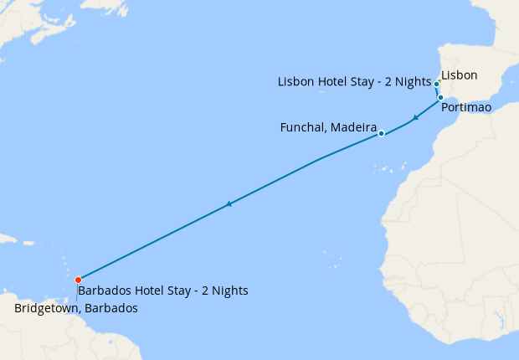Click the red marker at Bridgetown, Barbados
tap(78, 280)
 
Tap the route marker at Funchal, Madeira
tap(381, 133)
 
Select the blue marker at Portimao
tap(440, 98)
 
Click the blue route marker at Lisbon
tap(437, 84)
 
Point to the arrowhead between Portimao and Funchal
tap(415, 118)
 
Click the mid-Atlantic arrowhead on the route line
tap(229, 203)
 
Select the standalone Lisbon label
tap(459, 75)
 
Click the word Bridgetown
tap(48, 308)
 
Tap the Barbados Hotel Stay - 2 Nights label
tap(162, 291)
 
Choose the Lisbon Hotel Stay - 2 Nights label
tap(354, 82)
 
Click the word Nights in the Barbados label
tap(229, 291)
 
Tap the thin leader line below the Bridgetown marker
tap(77, 291)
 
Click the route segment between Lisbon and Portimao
tap(438, 91)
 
